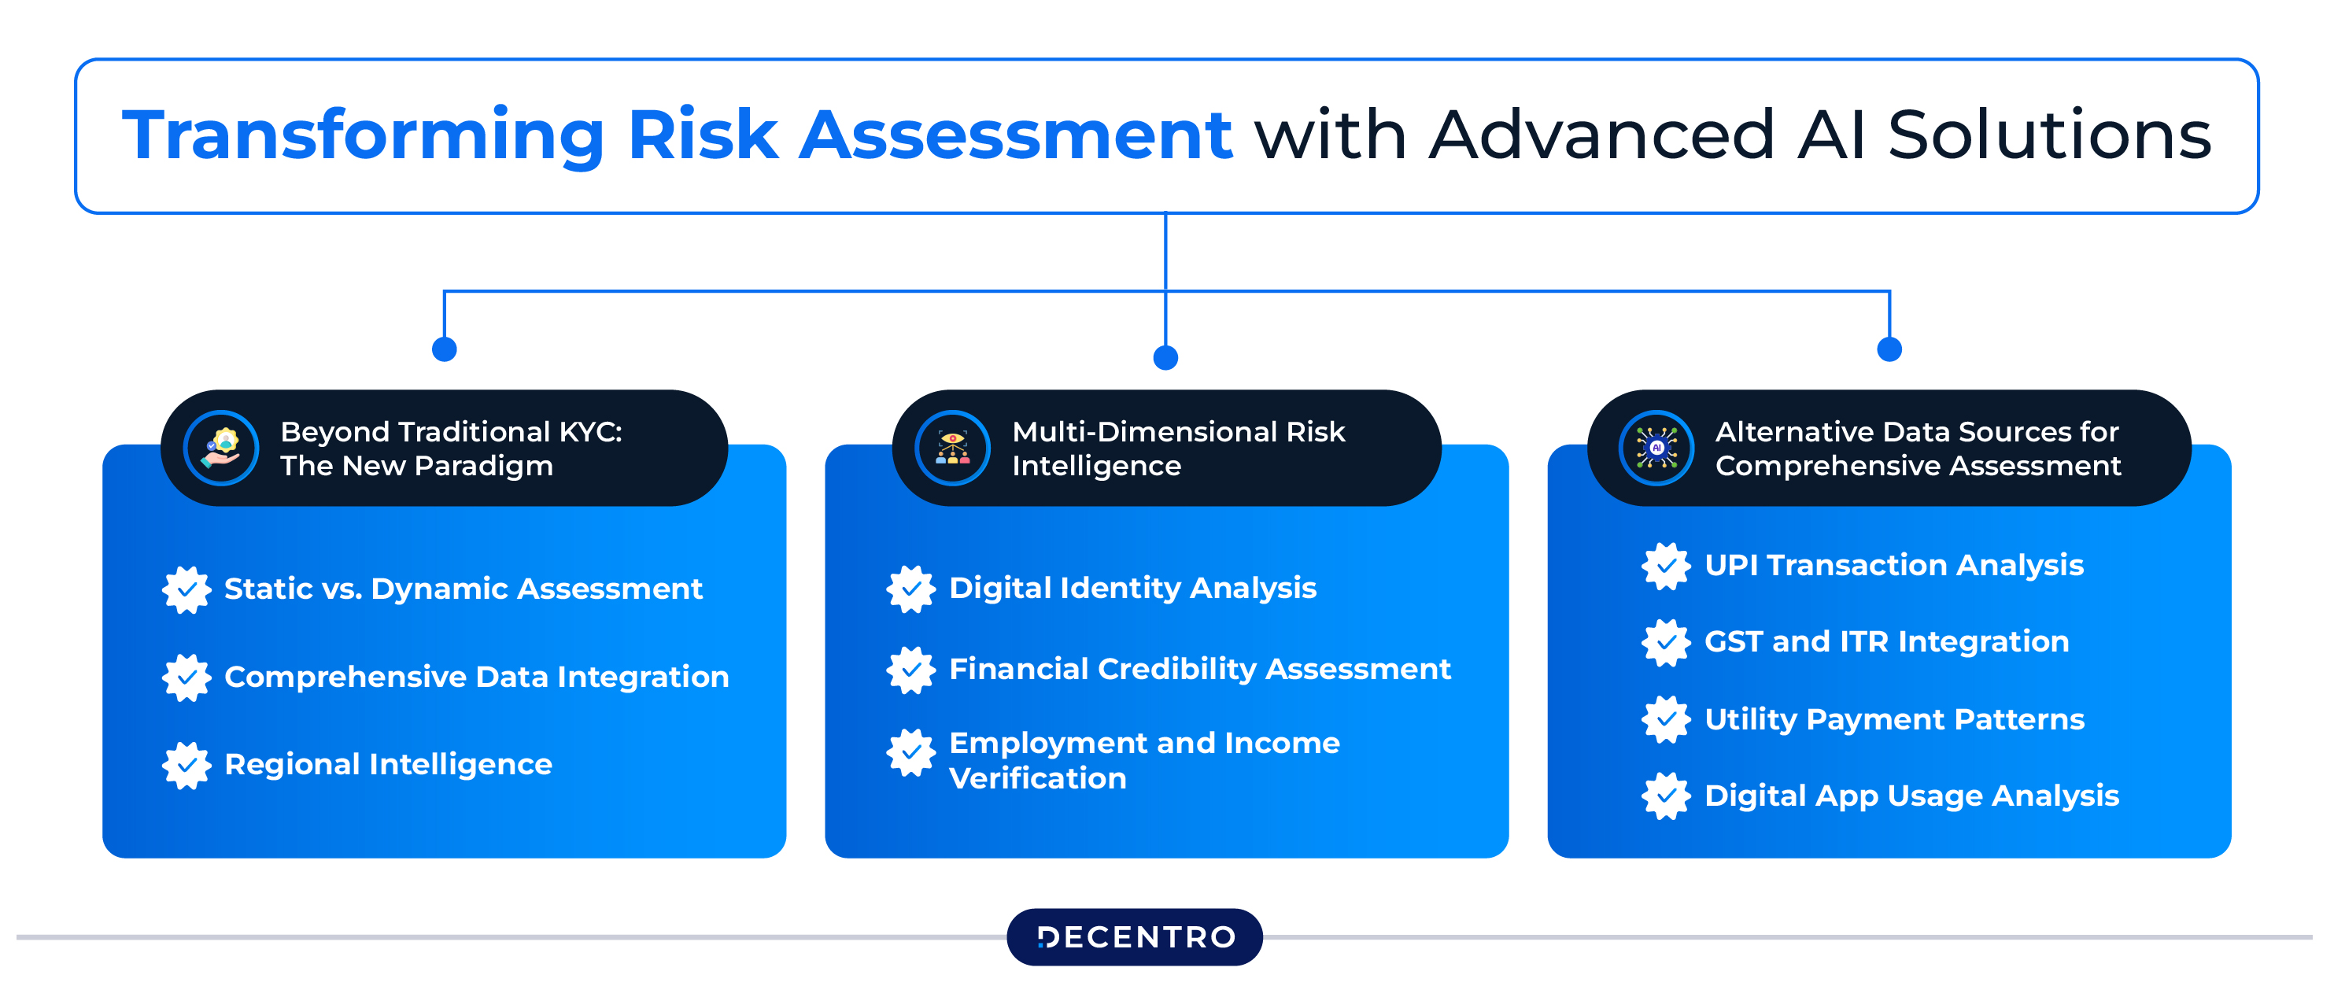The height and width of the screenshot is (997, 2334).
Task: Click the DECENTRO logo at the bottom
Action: pyautogui.click(x=1135, y=936)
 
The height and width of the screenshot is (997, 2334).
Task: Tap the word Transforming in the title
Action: pyautogui.click(x=363, y=136)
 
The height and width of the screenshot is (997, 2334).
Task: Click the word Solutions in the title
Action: pyautogui.click(x=2049, y=136)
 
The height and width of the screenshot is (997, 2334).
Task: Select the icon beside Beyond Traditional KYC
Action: pyautogui.click(x=221, y=448)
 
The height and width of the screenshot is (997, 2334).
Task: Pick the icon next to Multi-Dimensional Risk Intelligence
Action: pyautogui.click(x=952, y=448)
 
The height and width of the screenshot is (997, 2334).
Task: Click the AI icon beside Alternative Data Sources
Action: pyautogui.click(x=1656, y=448)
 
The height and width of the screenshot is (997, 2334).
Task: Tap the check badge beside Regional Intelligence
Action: pyautogui.click(x=186, y=765)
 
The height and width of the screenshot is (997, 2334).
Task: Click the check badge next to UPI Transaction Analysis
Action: pyautogui.click(x=1666, y=566)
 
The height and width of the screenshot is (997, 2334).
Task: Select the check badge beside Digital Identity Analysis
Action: pyautogui.click(x=910, y=589)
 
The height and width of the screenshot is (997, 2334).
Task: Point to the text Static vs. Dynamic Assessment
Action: pyautogui.click(x=463, y=589)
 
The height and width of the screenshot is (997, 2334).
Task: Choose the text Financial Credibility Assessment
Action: pyautogui.click(x=1199, y=669)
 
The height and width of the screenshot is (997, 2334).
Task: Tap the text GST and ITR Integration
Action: pyautogui.click(x=1886, y=641)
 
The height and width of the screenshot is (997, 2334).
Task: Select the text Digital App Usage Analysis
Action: pyautogui.click(x=1911, y=796)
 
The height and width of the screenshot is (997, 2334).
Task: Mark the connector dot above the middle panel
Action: pyautogui.click(x=1165, y=358)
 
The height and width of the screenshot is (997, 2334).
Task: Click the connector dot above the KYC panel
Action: pyautogui.click(x=444, y=349)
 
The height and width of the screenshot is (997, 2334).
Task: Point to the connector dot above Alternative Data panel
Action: pyautogui.click(x=1889, y=349)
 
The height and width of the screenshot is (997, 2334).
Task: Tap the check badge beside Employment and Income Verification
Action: pyautogui.click(x=910, y=752)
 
